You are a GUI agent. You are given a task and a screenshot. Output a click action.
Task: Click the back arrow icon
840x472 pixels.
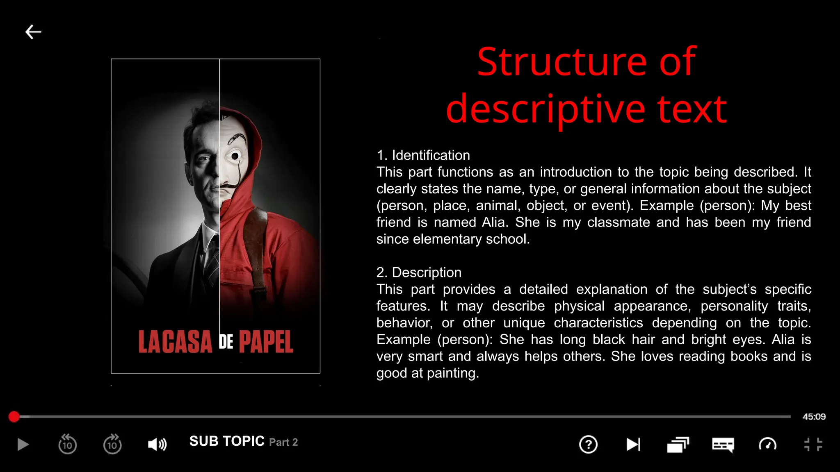pyautogui.click(x=33, y=32)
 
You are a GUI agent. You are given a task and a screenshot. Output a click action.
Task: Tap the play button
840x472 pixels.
pyautogui.click(x=23, y=445)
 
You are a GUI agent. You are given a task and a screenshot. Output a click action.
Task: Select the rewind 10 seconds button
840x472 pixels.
pyautogui.click(x=68, y=445)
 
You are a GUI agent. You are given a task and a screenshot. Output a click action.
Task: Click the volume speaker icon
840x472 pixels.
pyautogui.click(x=157, y=445)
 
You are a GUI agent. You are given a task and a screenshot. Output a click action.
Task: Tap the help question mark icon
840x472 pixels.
pyautogui.click(x=588, y=445)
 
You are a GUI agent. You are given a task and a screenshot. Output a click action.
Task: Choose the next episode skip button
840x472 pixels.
pyautogui.click(x=633, y=445)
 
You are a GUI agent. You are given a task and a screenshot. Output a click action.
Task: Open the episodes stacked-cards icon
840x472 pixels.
pyautogui.click(x=678, y=445)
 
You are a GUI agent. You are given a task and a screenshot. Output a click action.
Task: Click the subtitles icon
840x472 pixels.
pyautogui.click(x=723, y=445)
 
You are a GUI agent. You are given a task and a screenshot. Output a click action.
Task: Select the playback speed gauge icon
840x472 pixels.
pyautogui.click(x=767, y=445)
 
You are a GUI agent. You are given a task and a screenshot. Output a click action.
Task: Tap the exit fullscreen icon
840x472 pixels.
pyautogui.click(x=813, y=445)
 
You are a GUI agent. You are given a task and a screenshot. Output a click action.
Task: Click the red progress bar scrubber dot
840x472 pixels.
pyautogui.click(x=14, y=417)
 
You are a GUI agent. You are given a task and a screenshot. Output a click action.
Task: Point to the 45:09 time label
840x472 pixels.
pyautogui.click(x=814, y=417)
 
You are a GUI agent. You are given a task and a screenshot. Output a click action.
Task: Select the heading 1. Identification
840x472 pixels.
pyautogui.click(x=423, y=155)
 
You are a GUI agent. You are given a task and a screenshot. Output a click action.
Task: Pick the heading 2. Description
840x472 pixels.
pyautogui.click(x=419, y=272)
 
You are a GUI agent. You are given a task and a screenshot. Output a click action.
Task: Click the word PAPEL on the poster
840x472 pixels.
pyautogui.click(x=266, y=342)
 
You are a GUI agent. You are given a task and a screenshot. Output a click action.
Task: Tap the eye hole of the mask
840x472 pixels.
pyautogui.click(x=235, y=156)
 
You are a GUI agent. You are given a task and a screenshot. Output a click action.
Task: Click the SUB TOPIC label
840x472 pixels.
pyautogui.click(x=227, y=441)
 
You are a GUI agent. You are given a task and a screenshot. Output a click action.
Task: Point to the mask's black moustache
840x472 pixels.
pyautogui.click(x=228, y=186)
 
